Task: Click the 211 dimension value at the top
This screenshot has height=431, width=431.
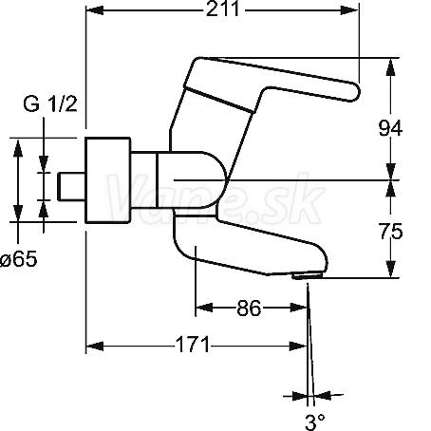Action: [x=222, y=9]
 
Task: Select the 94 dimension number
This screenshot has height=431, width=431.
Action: [x=390, y=128]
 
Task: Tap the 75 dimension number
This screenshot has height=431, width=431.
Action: [x=391, y=231]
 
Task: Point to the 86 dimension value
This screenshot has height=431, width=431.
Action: [x=249, y=308]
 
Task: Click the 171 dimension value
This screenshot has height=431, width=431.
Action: [x=193, y=345]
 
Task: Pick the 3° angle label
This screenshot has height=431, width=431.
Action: [x=315, y=422]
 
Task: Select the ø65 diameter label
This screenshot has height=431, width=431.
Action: [x=18, y=259]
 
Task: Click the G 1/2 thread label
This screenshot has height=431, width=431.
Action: [x=50, y=103]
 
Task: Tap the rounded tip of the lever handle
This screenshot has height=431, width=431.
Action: [x=355, y=92]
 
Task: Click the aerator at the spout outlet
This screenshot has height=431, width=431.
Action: [x=307, y=276]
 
